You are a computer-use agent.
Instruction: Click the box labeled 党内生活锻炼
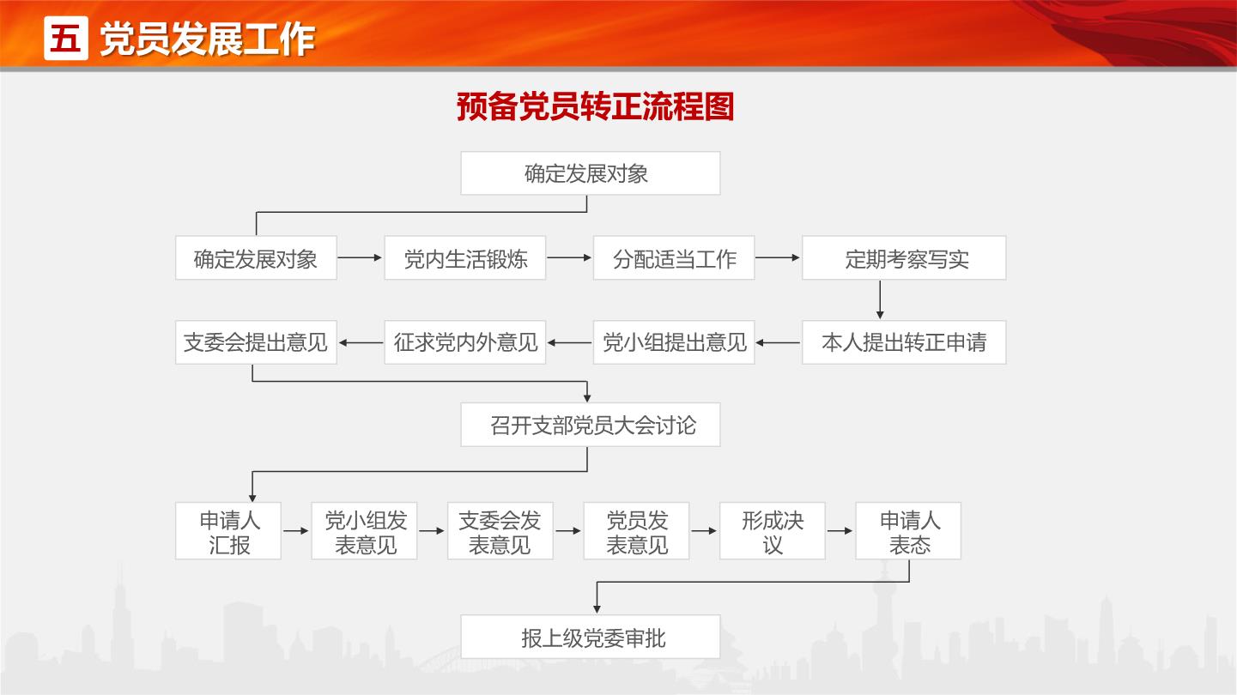[465, 257]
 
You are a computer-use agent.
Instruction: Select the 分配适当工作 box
[674, 257]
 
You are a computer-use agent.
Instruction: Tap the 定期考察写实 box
[904, 257]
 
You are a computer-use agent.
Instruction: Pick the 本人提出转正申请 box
[904, 342]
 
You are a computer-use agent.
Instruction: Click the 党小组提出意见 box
[674, 342]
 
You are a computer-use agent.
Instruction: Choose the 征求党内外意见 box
[465, 342]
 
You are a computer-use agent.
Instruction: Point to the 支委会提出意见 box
[256, 342]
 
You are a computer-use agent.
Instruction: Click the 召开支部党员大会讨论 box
[591, 425]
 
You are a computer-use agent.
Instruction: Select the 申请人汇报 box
[228, 531]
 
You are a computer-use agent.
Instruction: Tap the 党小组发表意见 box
[364, 531]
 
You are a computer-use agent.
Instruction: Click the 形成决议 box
[772, 531]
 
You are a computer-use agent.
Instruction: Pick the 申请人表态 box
[908, 531]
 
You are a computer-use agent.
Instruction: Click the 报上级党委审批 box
[591, 637]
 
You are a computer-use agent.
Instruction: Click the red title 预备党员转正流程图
[595, 106]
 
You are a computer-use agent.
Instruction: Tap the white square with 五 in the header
[66, 38]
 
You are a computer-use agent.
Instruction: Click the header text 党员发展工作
[207, 39]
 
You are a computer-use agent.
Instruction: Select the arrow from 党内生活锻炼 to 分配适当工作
[569, 257]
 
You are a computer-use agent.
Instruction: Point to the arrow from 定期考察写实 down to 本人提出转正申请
[880, 299]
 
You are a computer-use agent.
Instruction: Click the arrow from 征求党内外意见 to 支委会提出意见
[361, 343]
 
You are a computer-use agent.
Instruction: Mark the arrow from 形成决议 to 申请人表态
[840, 531]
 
